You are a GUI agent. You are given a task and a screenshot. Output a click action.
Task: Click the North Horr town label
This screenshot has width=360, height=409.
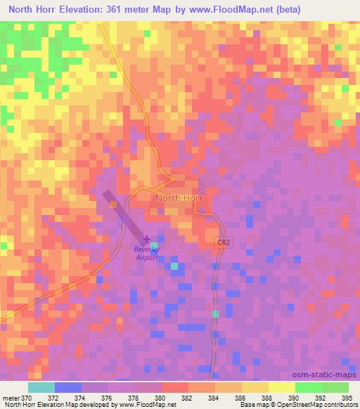click(x=179, y=198)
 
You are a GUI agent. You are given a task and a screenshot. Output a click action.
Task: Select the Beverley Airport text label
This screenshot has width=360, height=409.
click(x=147, y=253)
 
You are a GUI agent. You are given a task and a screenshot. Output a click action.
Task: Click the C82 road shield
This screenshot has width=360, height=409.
click(x=222, y=241)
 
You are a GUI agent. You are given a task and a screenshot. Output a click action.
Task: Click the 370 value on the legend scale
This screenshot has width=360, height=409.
click(x=26, y=398)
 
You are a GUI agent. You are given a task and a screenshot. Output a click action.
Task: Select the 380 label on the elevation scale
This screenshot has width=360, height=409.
click(x=161, y=398)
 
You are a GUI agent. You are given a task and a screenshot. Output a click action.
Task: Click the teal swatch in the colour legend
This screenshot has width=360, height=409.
click(x=41, y=387)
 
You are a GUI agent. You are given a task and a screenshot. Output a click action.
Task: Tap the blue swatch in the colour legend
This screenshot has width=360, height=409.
click(x=67, y=387)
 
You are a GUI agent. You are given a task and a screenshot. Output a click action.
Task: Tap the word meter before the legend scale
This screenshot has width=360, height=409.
click(x=11, y=398)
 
